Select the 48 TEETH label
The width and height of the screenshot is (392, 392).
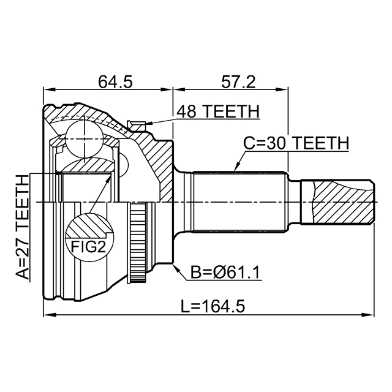[218, 112]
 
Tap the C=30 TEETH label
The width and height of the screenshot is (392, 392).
[296, 143]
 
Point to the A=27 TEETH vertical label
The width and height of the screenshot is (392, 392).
[22, 227]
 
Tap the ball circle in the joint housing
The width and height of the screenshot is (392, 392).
[84, 137]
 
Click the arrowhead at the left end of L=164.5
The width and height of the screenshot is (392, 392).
[48, 316]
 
